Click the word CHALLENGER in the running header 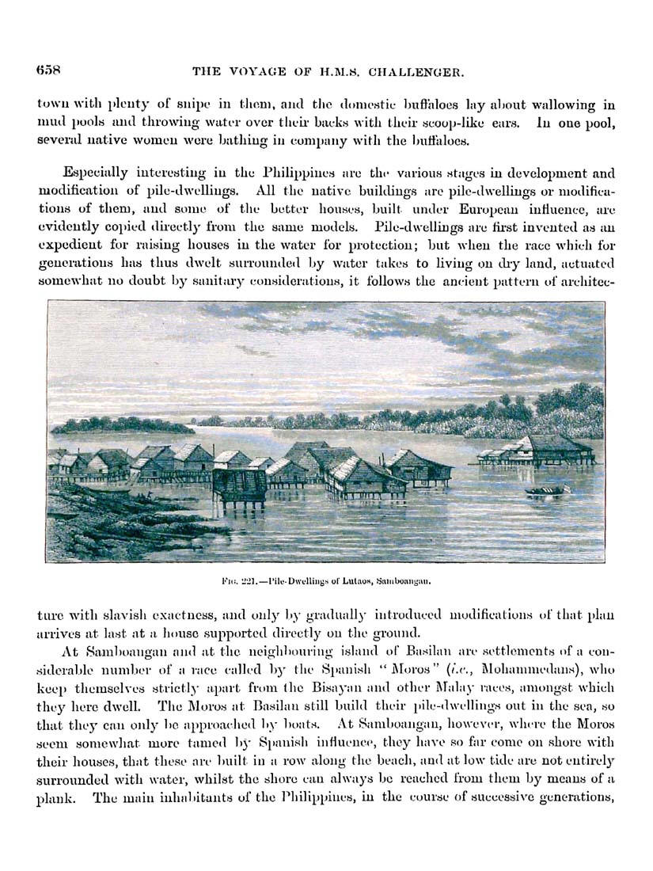click(420, 72)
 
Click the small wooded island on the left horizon click(123, 425)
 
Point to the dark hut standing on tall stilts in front click(239, 485)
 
